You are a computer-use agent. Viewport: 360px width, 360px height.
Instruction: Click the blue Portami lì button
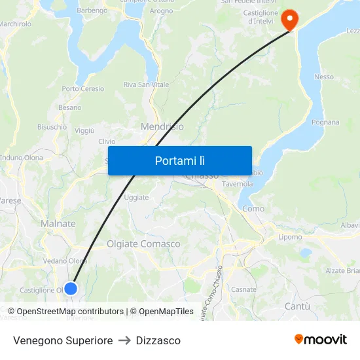(179, 160)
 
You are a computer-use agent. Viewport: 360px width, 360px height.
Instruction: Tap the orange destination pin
(289, 20)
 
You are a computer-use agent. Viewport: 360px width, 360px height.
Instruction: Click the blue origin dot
(71, 288)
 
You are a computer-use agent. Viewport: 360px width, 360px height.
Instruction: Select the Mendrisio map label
(162, 126)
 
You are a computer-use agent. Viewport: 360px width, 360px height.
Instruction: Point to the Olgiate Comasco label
(143, 244)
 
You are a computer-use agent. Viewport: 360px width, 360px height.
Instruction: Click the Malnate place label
(58, 224)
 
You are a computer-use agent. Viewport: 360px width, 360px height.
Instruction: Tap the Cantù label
(297, 306)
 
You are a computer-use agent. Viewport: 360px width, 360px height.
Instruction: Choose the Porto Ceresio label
(83, 89)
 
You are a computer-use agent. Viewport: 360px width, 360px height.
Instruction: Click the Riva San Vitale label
(146, 85)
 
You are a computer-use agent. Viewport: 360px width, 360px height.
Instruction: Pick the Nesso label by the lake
(324, 77)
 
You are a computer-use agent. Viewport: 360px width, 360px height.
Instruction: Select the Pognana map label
(325, 122)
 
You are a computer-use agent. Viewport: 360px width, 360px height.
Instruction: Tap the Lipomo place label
(290, 237)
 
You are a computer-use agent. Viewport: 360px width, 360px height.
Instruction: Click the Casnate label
(244, 289)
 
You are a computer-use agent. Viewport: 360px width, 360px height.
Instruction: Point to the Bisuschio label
(52, 127)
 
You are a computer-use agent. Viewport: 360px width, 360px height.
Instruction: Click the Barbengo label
(92, 11)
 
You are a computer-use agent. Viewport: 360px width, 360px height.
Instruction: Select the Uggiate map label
(136, 197)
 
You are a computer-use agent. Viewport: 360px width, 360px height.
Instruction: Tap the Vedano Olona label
(65, 261)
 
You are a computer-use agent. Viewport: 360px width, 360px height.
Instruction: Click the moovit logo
(321, 340)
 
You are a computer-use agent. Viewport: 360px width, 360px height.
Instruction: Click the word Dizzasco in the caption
(158, 340)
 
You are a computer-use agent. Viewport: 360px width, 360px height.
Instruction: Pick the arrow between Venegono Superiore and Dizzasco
(124, 340)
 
